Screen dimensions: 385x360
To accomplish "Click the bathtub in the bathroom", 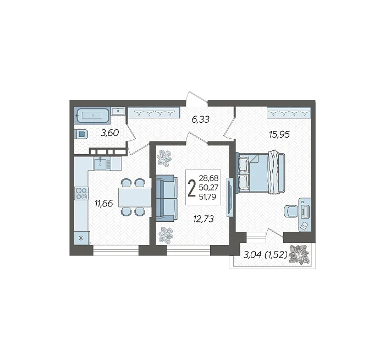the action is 92,115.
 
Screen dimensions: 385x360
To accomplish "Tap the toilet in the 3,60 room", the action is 81,135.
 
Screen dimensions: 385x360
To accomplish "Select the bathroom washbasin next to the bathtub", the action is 118,111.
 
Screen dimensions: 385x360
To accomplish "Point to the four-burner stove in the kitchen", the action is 81,193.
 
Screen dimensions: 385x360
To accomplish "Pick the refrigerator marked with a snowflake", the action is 81,238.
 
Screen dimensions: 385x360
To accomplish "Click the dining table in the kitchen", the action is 135,197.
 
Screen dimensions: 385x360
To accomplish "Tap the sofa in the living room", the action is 167,198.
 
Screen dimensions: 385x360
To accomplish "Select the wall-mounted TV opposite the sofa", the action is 229,197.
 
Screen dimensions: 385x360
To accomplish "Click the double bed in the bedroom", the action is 261,172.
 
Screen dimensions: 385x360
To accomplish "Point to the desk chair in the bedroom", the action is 291,211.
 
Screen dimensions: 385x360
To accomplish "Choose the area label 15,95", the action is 279,134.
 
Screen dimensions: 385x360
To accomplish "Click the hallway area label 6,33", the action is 200,119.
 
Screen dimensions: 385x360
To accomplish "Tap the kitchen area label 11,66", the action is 104,203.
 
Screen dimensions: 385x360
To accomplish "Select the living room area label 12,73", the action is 204,219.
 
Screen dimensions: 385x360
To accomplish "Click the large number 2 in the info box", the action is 191,188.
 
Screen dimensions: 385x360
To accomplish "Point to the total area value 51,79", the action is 208,197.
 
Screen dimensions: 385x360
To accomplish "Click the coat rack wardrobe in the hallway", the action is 154,113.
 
